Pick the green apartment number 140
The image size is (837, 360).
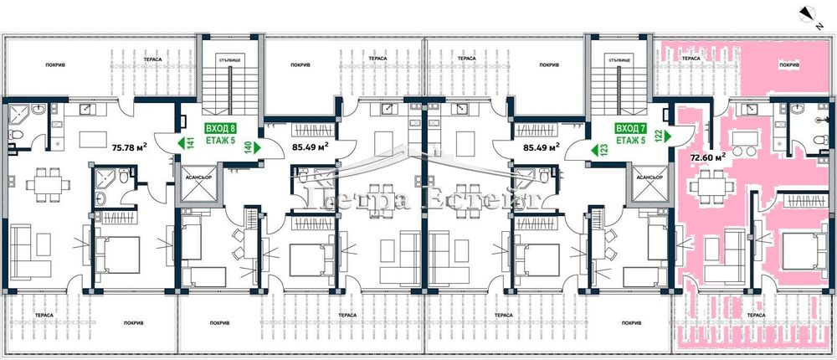(248, 146)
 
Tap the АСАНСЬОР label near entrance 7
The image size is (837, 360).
(649, 178)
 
